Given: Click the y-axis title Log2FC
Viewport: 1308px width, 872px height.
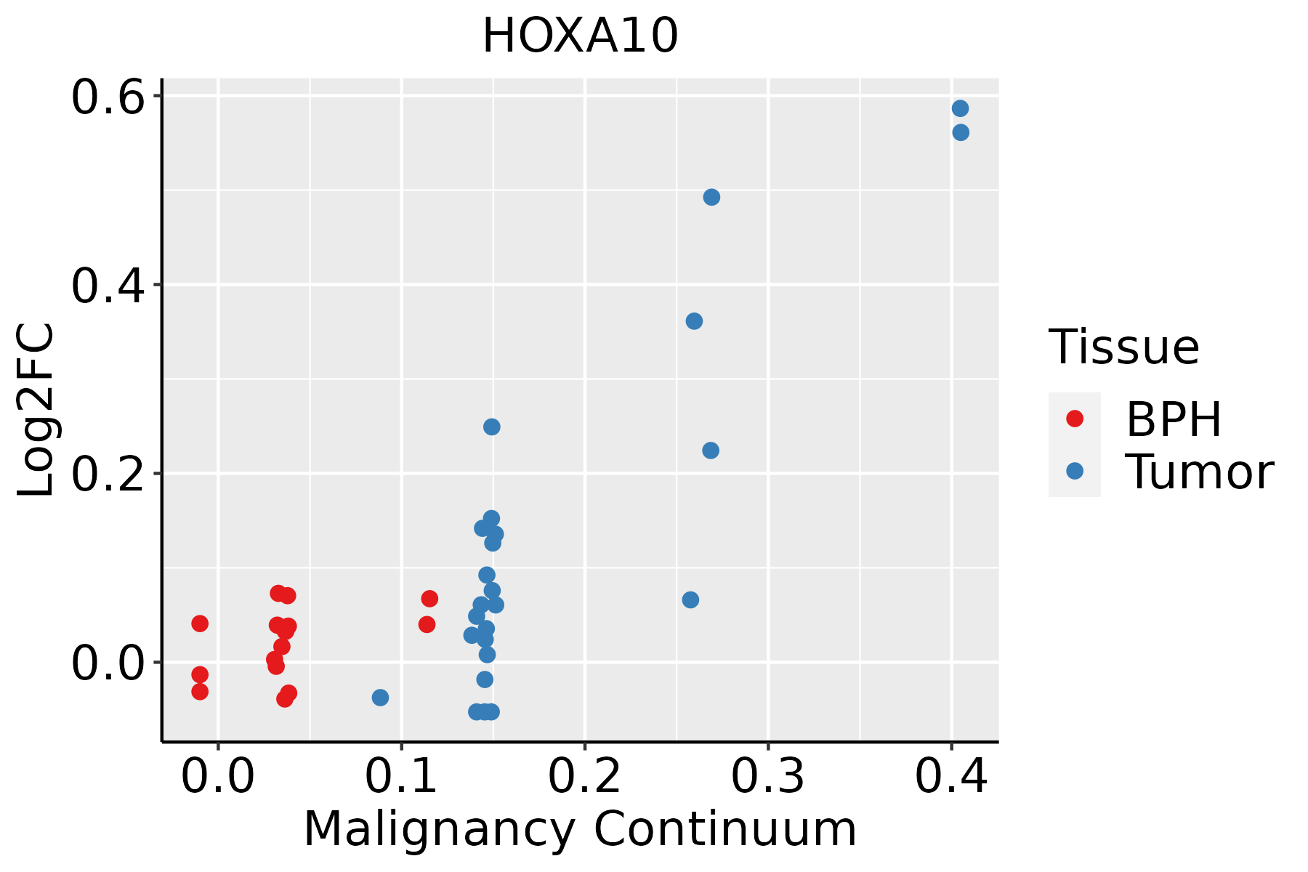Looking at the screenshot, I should click(x=36, y=411).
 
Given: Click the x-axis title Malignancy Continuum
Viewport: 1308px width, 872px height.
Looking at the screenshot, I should click(x=580, y=829).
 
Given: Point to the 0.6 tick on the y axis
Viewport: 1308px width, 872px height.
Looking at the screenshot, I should click(x=106, y=97).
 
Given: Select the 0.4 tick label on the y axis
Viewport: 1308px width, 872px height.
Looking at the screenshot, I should click(x=106, y=286).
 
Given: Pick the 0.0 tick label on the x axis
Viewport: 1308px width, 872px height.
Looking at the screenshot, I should click(x=218, y=777).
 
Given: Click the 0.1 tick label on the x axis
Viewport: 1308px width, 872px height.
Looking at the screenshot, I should click(x=401, y=777).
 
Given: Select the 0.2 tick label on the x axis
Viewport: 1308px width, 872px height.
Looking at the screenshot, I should click(x=584, y=777).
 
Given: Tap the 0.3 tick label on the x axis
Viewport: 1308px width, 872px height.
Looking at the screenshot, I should click(x=767, y=777).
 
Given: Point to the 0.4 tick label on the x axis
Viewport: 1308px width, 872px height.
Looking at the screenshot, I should click(x=950, y=777).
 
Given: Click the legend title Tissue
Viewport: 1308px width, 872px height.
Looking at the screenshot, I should click(x=1124, y=347).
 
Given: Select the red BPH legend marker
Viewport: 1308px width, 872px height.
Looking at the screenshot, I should click(x=1074, y=419).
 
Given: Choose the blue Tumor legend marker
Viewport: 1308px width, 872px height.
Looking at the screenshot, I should click(x=1074, y=471).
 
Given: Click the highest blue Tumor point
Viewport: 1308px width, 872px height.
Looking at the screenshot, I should click(x=960, y=109).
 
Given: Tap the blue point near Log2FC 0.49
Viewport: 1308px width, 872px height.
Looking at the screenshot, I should click(x=711, y=198).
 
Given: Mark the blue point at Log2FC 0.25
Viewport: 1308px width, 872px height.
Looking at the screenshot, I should click(x=492, y=427).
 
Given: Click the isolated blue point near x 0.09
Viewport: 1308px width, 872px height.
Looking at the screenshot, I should click(x=380, y=698).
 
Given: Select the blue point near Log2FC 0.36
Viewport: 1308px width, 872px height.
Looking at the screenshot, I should click(x=694, y=321).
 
